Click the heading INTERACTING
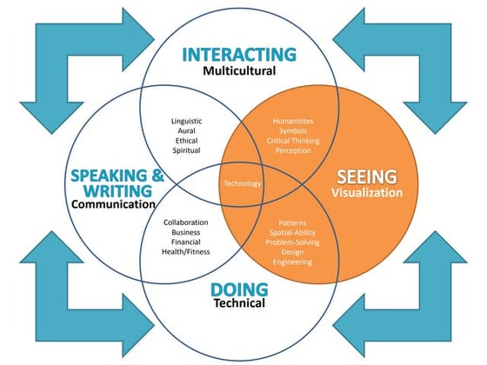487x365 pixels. (239, 54)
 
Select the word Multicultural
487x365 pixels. (239, 71)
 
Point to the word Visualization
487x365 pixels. (367, 193)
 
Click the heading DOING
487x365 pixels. (238, 289)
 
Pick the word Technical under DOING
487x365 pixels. (239, 304)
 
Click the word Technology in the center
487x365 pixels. (243, 183)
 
